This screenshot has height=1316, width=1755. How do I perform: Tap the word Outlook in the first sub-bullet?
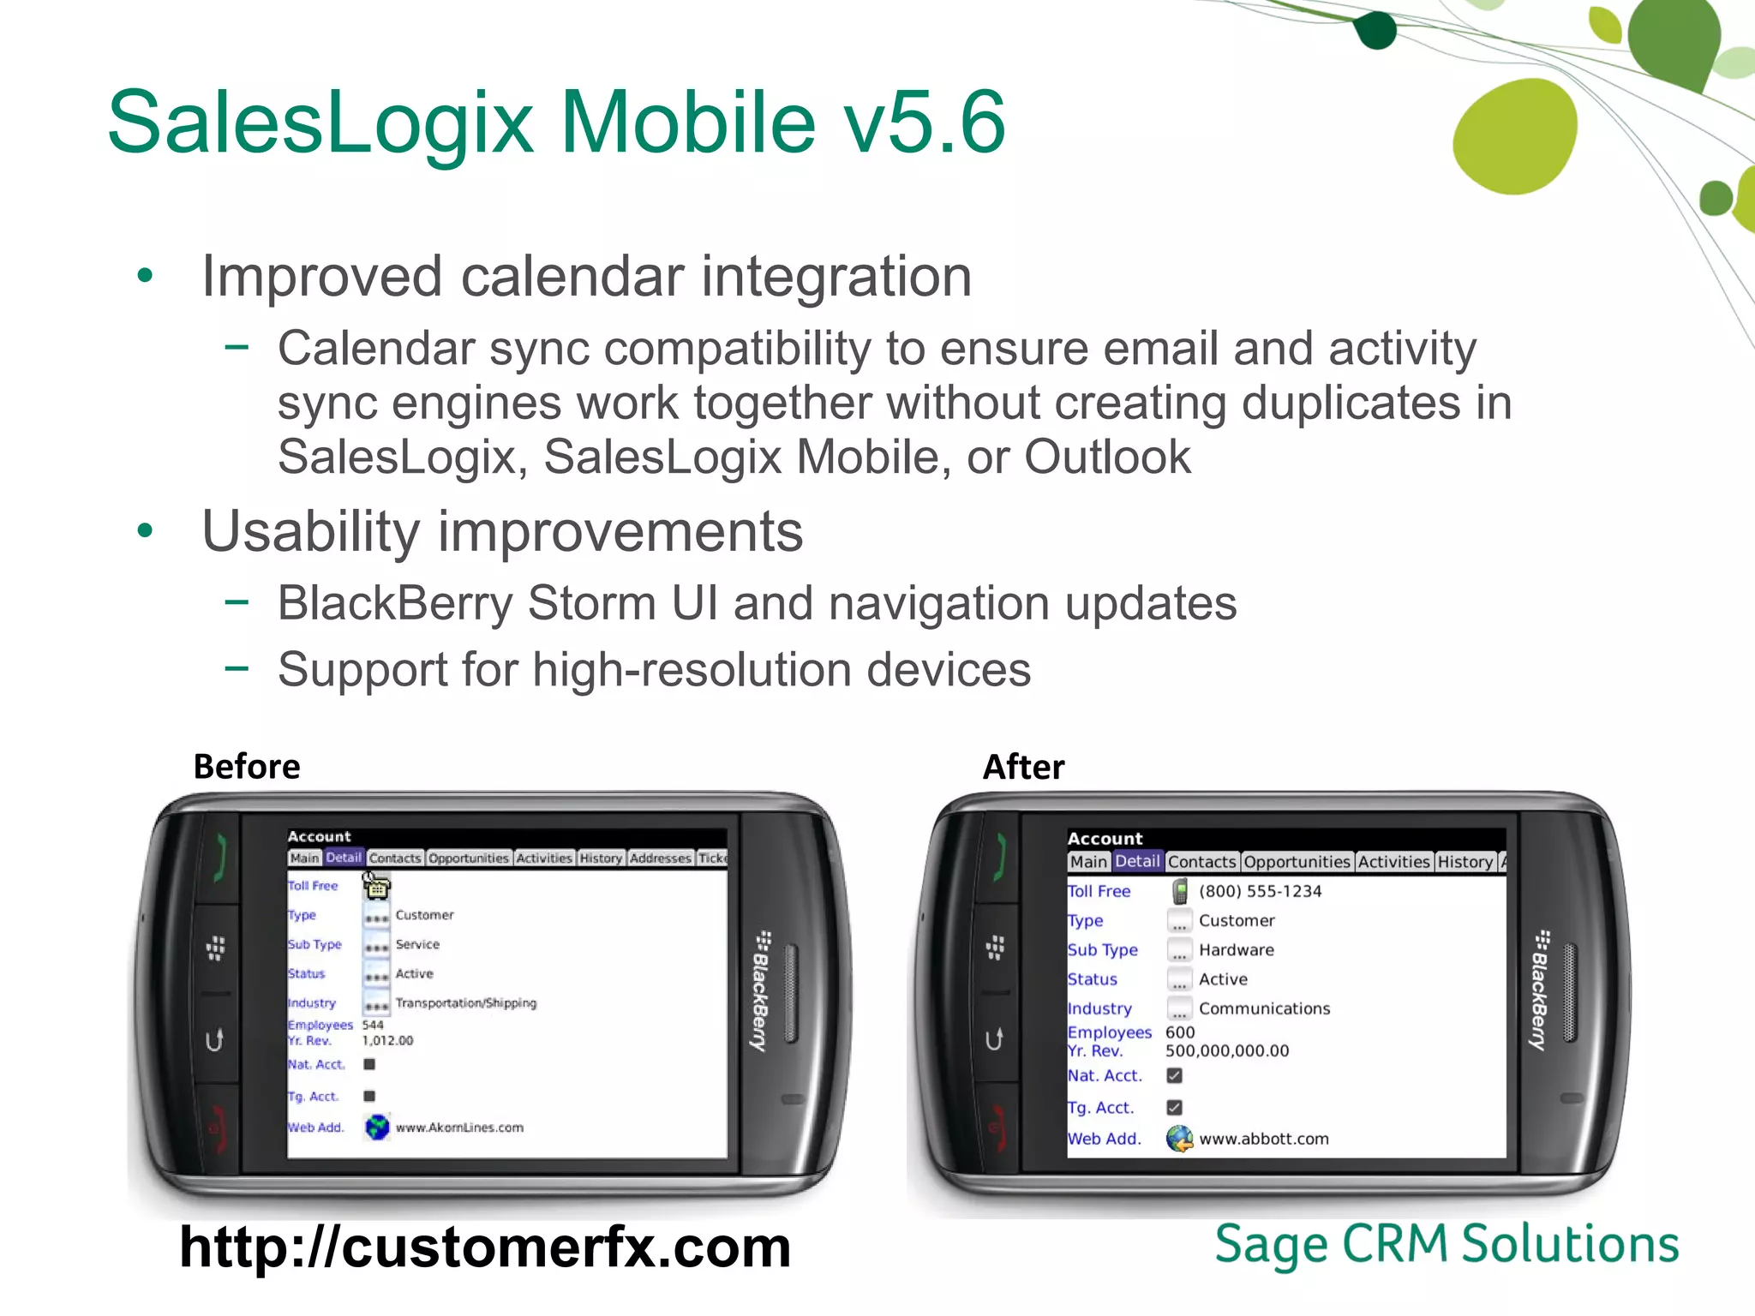pyautogui.click(x=1107, y=457)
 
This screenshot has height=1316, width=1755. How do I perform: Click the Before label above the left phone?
pyautogui.click(x=247, y=766)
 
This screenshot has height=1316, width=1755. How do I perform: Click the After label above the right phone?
pyautogui.click(x=1023, y=766)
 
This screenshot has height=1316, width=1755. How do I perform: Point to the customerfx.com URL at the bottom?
pyautogui.click(x=485, y=1247)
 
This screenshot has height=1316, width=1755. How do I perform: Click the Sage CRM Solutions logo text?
pyautogui.click(x=1447, y=1244)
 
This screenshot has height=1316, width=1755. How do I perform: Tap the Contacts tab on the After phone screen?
pyautogui.click(x=1201, y=862)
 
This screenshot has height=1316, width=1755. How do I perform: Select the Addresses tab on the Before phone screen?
pyautogui.click(x=660, y=858)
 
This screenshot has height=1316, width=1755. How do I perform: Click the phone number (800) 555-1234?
pyautogui.click(x=1260, y=891)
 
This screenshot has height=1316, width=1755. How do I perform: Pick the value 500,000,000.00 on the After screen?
pyautogui.click(x=1226, y=1050)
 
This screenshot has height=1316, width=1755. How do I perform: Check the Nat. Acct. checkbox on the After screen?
pyautogui.click(x=1174, y=1075)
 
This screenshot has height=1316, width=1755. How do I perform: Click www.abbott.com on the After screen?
pyautogui.click(x=1264, y=1139)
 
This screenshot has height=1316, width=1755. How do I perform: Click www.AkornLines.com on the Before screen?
pyautogui.click(x=459, y=1128)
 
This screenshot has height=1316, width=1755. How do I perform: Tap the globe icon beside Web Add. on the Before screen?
pyautogui.click(x=377, y=1127)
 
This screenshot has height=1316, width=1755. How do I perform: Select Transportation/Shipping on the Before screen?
pyautogui.click(x=465, y=1002)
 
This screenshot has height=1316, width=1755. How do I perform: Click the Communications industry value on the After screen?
pyautogui.click(x=1264, y=1008)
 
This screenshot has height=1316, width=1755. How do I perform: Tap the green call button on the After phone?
pyautogui.click(x=997, y=857)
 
